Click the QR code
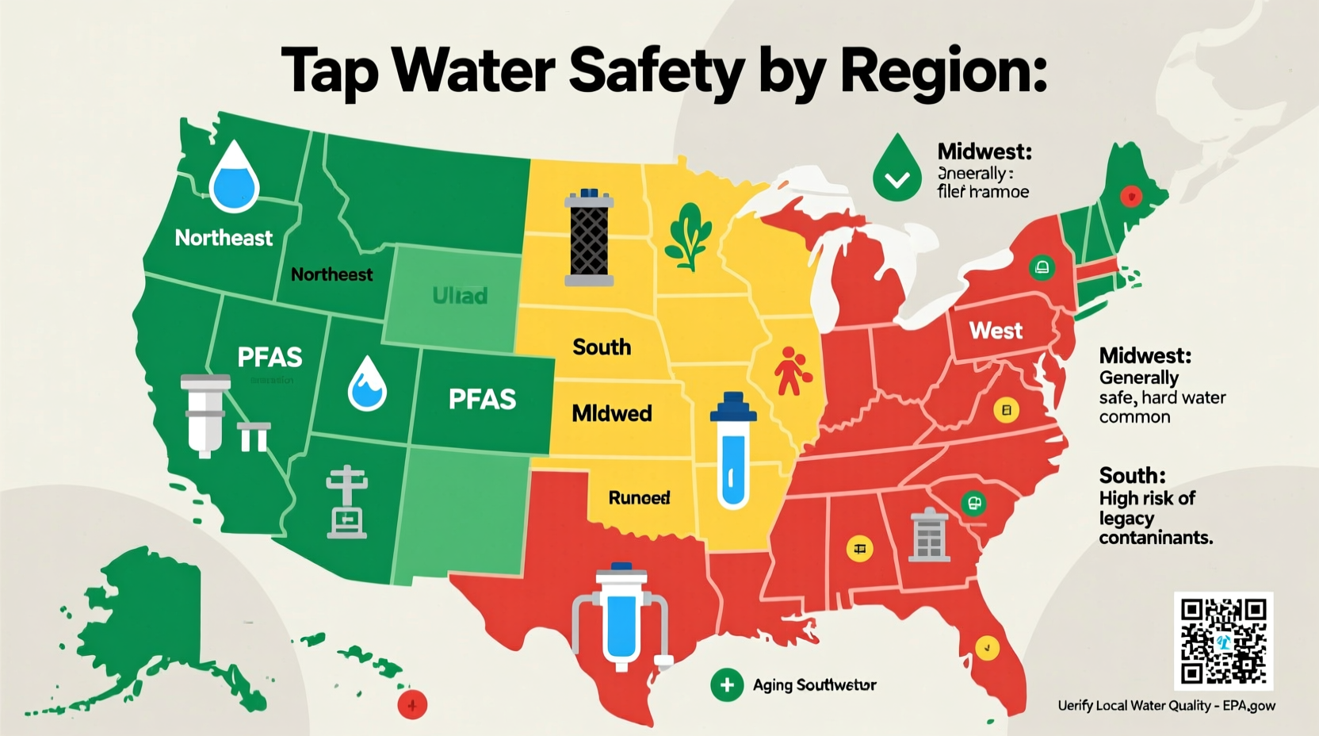coord(1223,641)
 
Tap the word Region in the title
coord(943,71)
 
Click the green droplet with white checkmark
coord(897,168)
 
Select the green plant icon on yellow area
coord(687,236)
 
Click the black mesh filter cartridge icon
coord(589,237)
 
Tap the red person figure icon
coord(791,370)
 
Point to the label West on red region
coord(996,330)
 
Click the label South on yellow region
coord(602,347)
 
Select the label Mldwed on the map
coord(612,413)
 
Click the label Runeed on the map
coord(639,497)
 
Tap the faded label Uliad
coord(460,296)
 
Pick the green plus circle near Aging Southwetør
coord(726,685)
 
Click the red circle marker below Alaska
coord(411,703)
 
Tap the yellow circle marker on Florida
coord(986,647)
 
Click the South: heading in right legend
coord(1132,475)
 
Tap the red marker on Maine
coord(1131,195)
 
